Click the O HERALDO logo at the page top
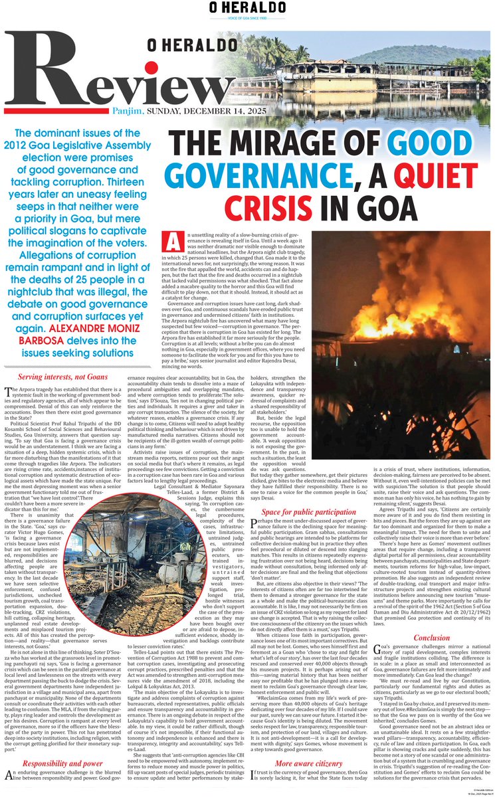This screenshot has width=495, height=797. [247, 9]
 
